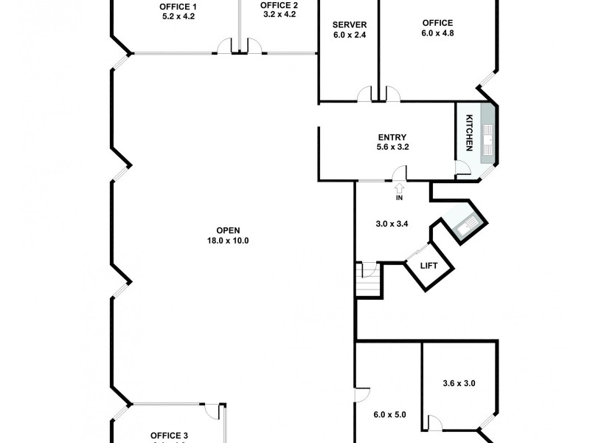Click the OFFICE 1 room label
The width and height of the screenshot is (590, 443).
point(178,6)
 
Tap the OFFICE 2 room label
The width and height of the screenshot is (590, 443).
point(279,5)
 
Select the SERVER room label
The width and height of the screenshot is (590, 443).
point(350,24)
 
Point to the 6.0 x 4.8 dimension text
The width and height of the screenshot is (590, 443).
point(437,32)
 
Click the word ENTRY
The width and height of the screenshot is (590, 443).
point(392,137)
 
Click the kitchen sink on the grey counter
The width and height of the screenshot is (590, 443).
point(488,134)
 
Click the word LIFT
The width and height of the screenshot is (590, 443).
point(428,266)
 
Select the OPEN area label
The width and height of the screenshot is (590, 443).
point(228,230)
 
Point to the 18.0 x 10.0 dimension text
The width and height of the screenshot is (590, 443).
point(228,240)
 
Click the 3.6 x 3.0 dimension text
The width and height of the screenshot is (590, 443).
point(459,383)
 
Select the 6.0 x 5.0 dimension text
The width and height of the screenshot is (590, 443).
point(390,414)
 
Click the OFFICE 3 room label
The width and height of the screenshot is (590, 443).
point(169,435)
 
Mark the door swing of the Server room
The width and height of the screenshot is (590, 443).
point(363,94)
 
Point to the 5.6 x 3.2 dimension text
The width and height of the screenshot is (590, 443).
point(392,146)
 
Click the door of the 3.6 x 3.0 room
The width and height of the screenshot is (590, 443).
point(435,422)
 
